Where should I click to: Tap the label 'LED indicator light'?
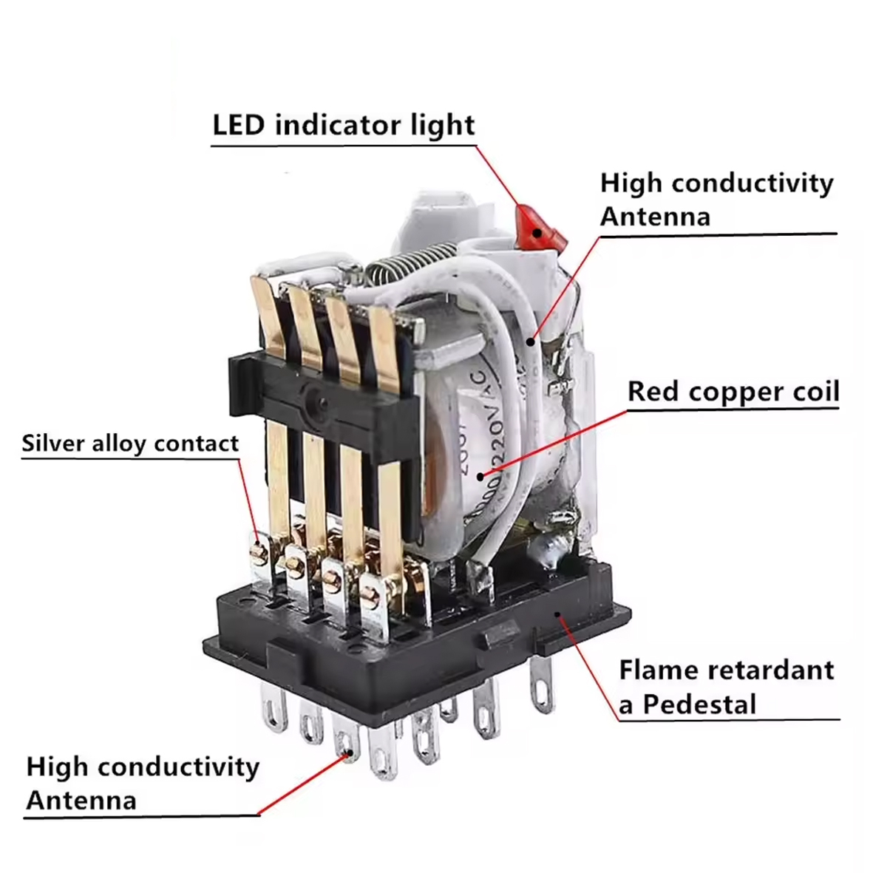click(344, 125)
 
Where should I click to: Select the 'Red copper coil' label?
click(733, 391)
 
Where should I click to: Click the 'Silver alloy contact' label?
click(130, 444)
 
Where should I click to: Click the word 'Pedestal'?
click(699, 704)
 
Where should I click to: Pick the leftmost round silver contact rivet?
click(259, 551)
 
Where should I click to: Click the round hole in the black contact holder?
click(319, 403)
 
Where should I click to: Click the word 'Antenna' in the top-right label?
click(655, 217)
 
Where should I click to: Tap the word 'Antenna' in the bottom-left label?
click(81, 801)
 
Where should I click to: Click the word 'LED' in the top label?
click(238, 125)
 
